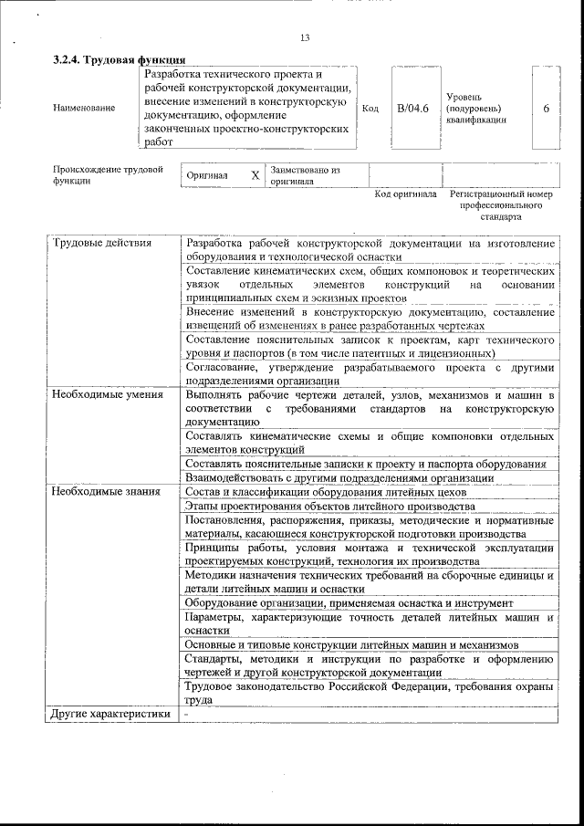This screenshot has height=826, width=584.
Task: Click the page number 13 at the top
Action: [305, 37]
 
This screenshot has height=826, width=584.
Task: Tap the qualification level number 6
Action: [546, 109]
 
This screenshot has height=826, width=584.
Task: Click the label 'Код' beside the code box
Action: [370, 109]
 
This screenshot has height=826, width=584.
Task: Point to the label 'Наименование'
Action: [84, 109]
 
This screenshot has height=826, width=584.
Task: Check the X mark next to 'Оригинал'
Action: [255, 175]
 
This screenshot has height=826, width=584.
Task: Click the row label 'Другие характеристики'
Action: [110, 714]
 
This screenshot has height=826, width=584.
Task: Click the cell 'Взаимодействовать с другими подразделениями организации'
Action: [339, 477]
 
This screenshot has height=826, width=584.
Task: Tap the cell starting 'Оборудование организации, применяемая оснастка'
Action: [349, 603]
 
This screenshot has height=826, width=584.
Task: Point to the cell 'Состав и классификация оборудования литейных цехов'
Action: [325, 492]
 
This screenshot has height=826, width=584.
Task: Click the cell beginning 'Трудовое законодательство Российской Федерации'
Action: [369, 693]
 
